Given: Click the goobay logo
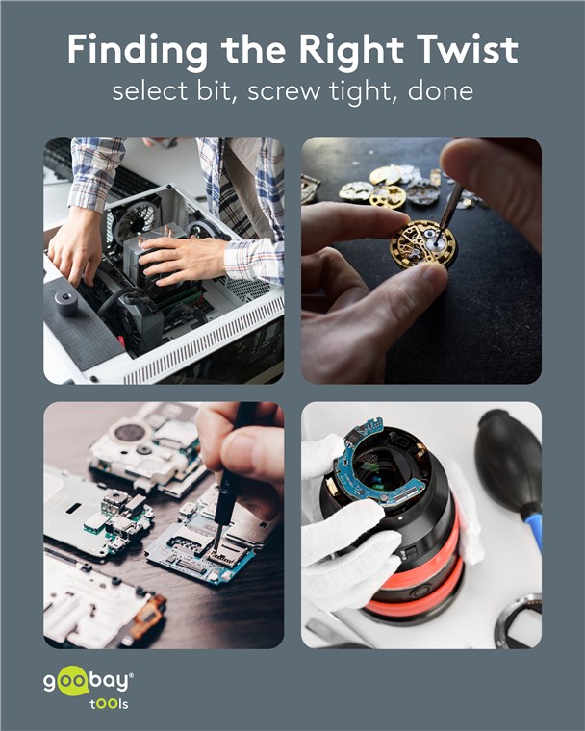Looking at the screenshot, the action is (89, 681).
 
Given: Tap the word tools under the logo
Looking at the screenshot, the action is (109, 703).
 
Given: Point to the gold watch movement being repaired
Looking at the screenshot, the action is (423, 243).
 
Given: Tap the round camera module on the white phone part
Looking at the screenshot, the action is (129, 432).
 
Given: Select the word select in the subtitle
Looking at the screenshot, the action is (149, 90).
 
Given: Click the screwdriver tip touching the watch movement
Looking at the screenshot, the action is (437, 240).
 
